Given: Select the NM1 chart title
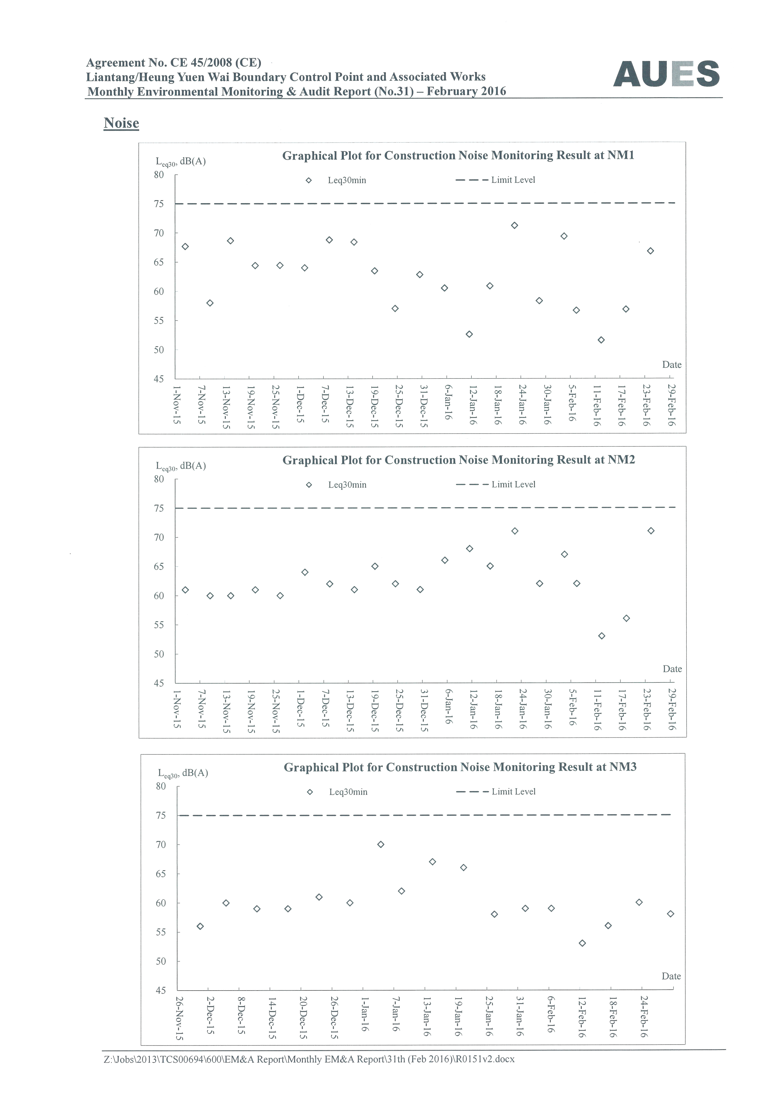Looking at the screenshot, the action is click(458, 155).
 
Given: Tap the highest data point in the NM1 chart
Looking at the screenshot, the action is click(515, 225).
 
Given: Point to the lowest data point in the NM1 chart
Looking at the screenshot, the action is click(601, 340).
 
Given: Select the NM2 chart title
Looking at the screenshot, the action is click(459, 460).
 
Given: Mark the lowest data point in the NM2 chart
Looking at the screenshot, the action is click(602, 636).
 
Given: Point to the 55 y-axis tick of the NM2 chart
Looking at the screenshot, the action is click(159, 625).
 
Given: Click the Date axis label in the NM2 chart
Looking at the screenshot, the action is click(672, 669).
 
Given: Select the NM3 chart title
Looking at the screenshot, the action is click(460, 767).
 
